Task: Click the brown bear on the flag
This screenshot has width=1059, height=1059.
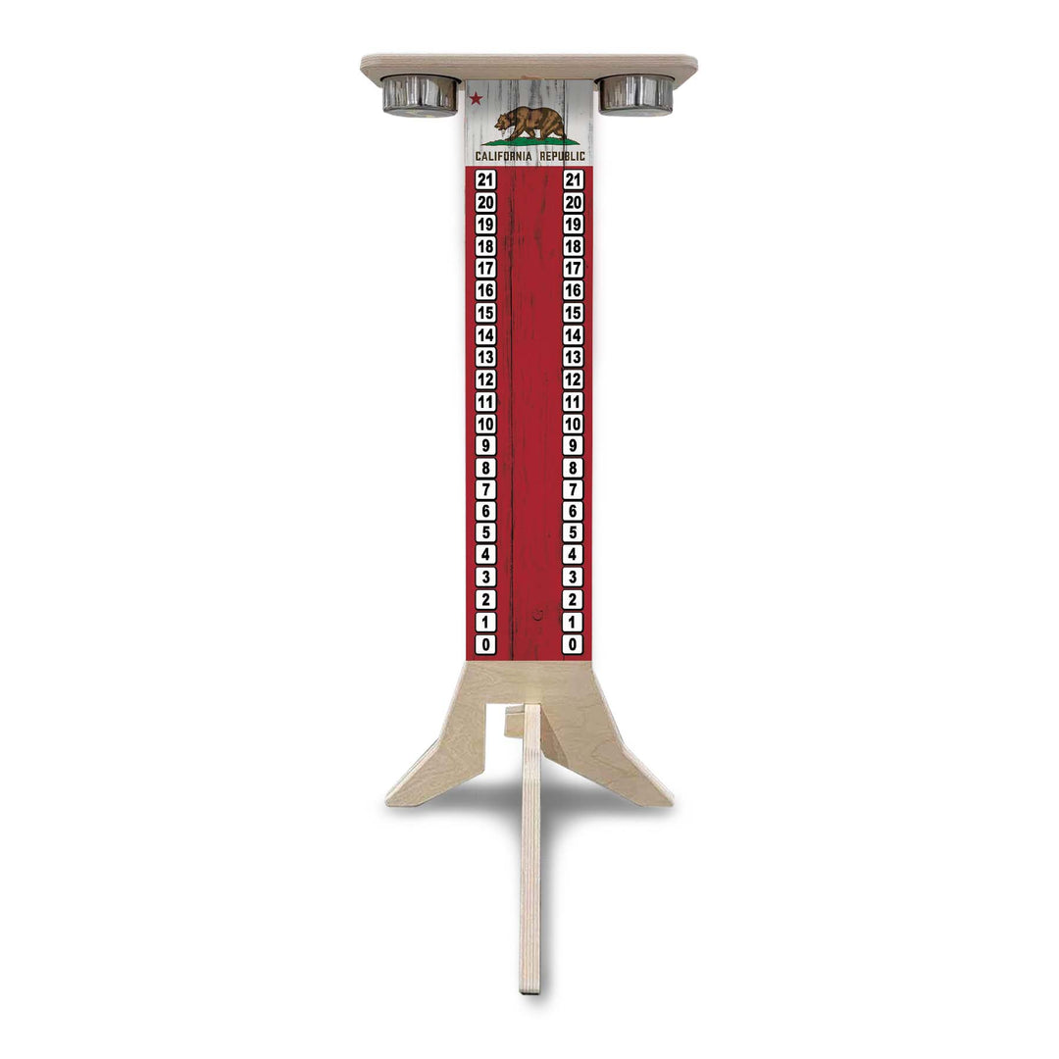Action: (x=529, y=123)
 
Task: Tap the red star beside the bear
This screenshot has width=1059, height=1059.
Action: (x=477, y=98)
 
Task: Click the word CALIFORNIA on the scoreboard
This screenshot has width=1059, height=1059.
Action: (x=504, y=156)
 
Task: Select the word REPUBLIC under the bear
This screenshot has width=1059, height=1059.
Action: (x=563, y=156)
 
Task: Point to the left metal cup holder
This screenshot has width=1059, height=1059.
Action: (x=420, y=95)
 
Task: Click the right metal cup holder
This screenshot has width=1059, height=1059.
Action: (x=636, y=94)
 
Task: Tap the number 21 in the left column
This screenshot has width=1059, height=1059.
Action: (x=485, y=180)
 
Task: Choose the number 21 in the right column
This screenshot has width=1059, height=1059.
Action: (x=574, y=180)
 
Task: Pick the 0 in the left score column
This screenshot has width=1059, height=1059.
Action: (x=485, y=644)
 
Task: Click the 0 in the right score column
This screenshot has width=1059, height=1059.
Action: (x=574, y=644)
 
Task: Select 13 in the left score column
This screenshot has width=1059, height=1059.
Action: (x=485, y=357)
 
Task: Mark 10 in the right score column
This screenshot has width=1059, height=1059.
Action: (x=574, y=424)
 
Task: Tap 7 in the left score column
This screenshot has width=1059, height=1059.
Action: (x=485, y=489)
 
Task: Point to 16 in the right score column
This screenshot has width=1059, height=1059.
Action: (x=574, y=290)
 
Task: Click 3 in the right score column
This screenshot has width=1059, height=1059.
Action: (x=574, y=578)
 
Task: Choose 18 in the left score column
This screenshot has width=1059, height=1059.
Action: (x=485, y=246)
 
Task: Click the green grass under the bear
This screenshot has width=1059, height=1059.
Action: (x=530, y=141)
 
